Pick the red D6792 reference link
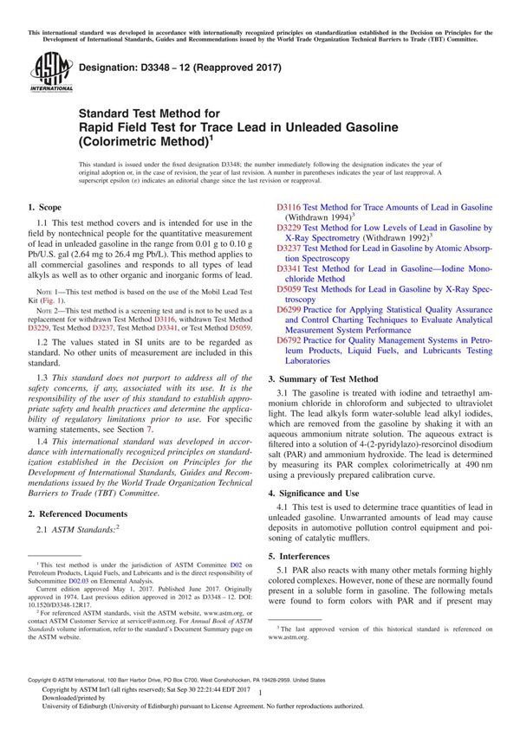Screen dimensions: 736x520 (289, 340)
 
